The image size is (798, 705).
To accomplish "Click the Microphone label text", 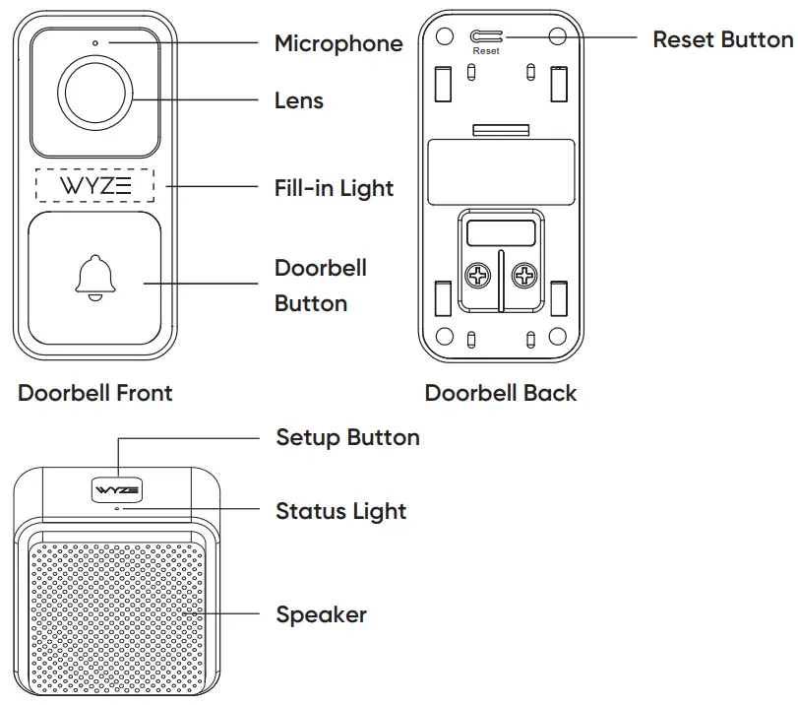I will pyautogui.click(x=338, y=43).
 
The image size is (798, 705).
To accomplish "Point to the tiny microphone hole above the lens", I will pyautogui.click(x=95, y=43).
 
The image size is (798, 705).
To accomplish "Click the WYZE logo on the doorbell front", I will pyautogui.click(x=95, y=186).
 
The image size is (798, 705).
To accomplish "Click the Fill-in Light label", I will pyautogui.click(x=334, y=188).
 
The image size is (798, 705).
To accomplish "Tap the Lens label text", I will pyautogui.click(x=298, y=100).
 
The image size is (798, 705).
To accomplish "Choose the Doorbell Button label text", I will pyautogui.click(x=321, y=286).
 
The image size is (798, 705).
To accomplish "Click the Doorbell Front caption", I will pyautogui.click(x=95, y=393).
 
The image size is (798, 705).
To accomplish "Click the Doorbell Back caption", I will pyautogui.click(x=501, y=393).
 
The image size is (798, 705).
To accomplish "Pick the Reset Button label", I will pyautogui.click(x=723, y=39).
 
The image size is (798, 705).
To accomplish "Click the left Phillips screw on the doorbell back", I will pyautogui.click(x=477, y=277).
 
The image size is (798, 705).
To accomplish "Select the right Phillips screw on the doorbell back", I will pyautogui.click(x=525, y=277).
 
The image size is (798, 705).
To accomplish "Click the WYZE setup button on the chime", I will pyautogui.click(x=117, y=489).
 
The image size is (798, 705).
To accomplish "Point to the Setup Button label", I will pyautogui.click(x=347, y=437).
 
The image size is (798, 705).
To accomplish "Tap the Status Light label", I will pyautogui.click(x=340, y=511).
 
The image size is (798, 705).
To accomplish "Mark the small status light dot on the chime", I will pyautogui.click(x=117, y=509).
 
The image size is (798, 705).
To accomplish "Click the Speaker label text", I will pyautogui.click(x=321, y=614).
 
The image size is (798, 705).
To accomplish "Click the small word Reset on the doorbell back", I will pyautogui.click(x=486, y=51).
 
